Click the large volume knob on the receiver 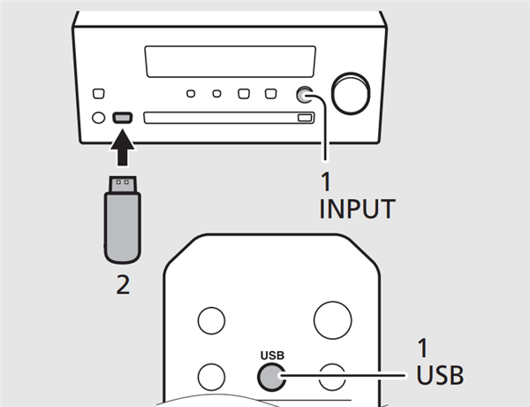coord(351,94)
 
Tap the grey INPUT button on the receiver coord(305,95)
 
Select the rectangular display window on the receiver coord(231,62)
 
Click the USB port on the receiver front coord(123,118)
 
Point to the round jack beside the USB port coord(98,118)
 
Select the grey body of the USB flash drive coord(123,227)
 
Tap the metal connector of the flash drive coord(123,185)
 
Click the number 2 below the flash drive coord(123,285)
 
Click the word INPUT coord(357,209)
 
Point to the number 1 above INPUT coord(325,182)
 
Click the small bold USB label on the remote coord(272,356)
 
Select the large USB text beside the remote coord(440,375)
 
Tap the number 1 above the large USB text coord(422,348)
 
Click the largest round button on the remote coord(333,320)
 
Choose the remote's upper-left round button coord(211,320)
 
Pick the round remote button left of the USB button coord(211,377)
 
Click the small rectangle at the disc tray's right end coord(304,118)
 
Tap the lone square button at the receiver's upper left coord(99,94)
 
